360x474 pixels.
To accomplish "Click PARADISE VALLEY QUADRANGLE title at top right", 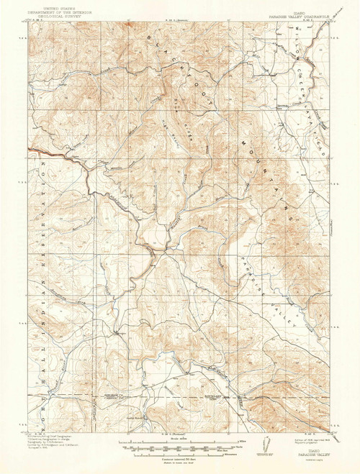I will (x=305, y=9).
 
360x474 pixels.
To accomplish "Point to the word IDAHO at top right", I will (x=305, y=5).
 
